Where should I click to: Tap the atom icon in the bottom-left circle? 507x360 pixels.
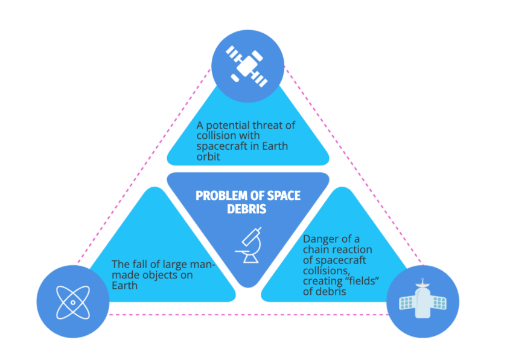point(72,301)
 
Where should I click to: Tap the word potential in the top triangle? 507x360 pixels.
point(227,125)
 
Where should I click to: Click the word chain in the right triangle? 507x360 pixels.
point(316,249)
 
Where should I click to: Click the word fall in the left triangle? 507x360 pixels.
point(141,263)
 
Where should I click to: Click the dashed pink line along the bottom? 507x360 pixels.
point(247,315)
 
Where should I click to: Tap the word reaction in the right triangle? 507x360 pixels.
point(352,249)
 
